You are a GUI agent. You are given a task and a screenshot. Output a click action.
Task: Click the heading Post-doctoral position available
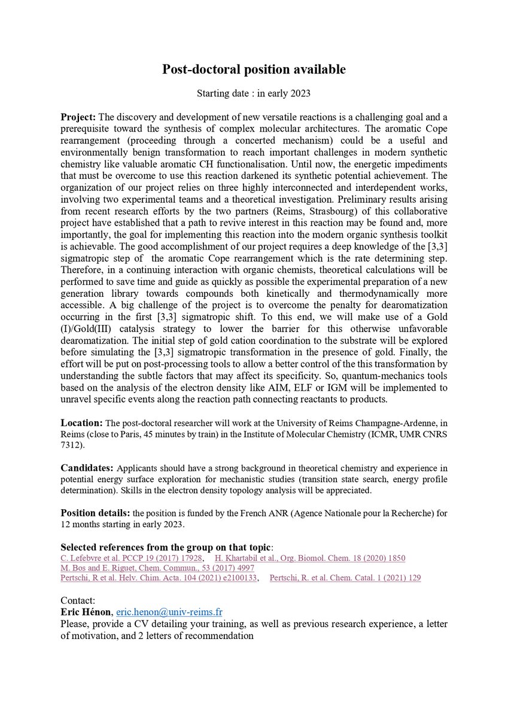(x=254, y=69)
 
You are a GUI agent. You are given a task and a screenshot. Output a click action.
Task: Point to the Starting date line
(x=254, y=93)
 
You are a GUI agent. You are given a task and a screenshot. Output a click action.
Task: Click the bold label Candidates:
(x=87, y=467)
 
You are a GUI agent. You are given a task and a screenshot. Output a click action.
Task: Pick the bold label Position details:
(x=95, y=513)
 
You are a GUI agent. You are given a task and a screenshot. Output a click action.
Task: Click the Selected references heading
(x=168, y=547)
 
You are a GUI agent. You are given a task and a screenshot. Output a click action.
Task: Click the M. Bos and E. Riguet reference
(x=157, y=568)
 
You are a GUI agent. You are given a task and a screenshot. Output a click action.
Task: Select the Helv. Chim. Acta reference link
(x=159, y=578)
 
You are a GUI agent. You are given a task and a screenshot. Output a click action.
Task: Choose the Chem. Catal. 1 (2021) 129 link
(x=345, y=578)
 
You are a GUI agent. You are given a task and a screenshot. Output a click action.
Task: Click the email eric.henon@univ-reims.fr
(x=169, y=612)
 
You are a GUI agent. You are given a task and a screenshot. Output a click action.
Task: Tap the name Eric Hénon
(x=87, y=612)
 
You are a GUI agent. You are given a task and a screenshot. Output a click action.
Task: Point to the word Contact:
(x=78, y=601)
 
